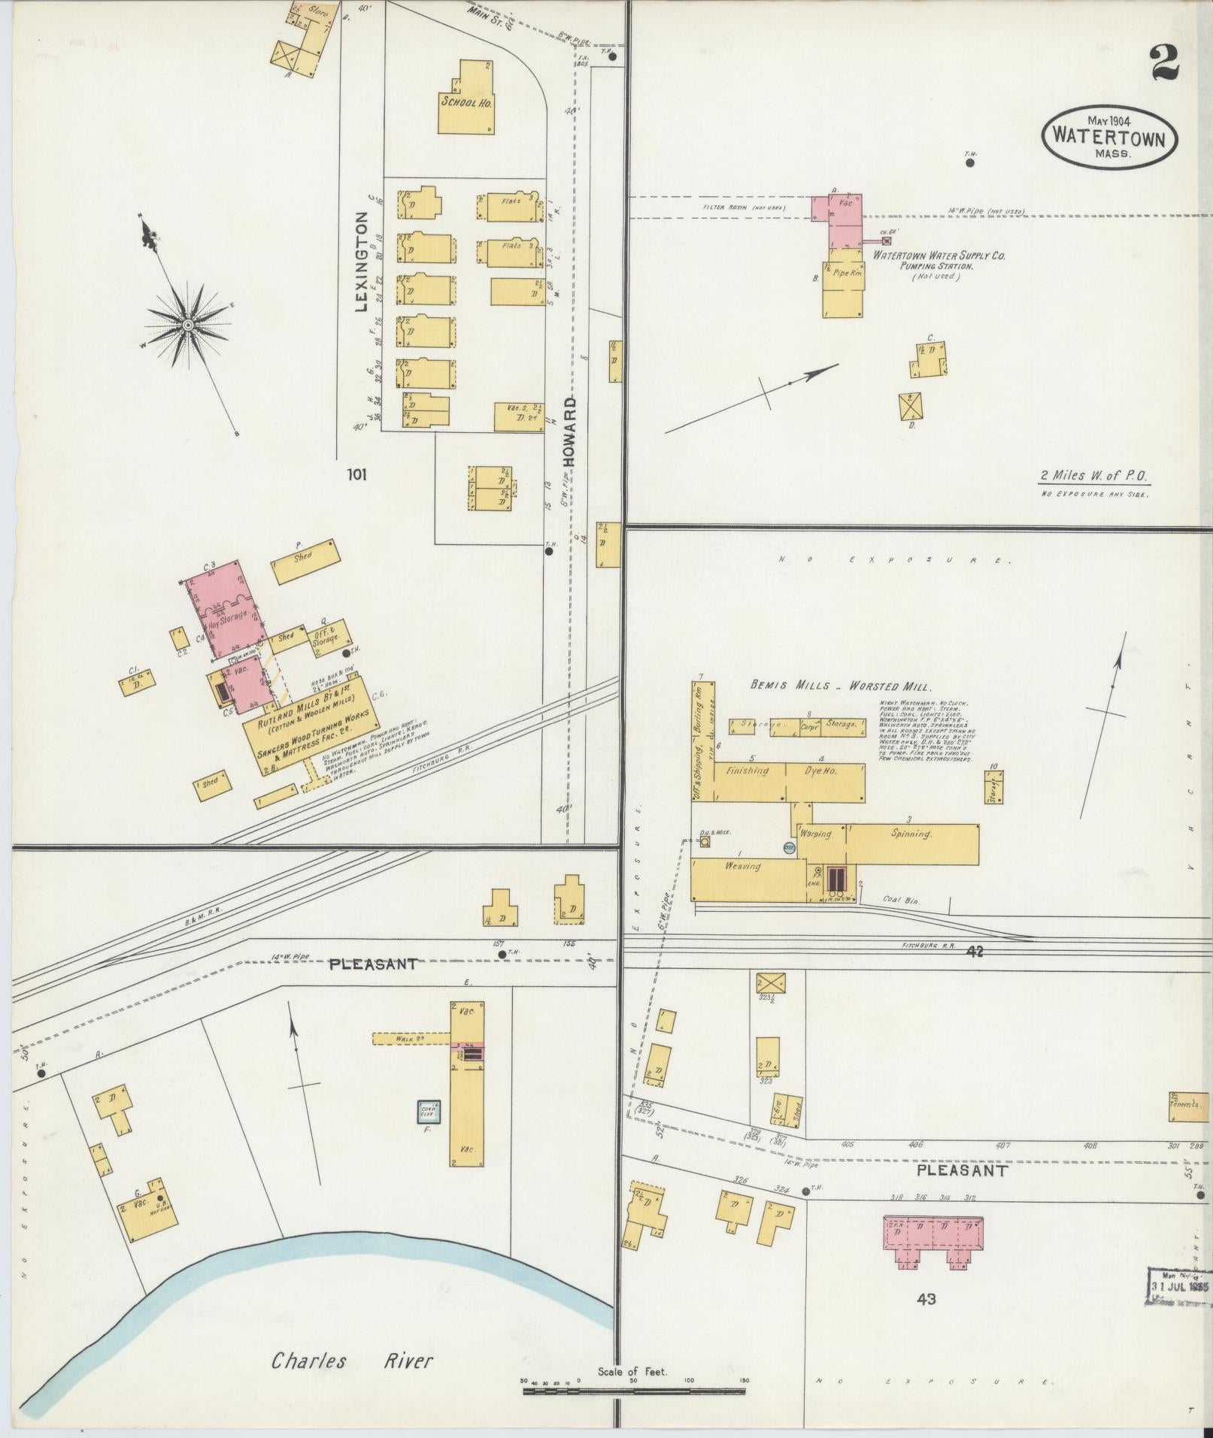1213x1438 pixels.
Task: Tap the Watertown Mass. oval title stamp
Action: pyautogui.click(x=1109, y=139)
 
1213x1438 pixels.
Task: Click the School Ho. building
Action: pyautogui.click(x=466, y=104)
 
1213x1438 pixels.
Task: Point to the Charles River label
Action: pyautogui.click(x=352, y=1340)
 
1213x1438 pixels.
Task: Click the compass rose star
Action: pyautogui.click(x=187, y=325)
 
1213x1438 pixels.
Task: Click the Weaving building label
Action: pyautogui.click(x=743, y=866)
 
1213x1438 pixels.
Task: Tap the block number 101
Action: pyautogui.click(x=358, y=474)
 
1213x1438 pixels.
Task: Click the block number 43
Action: pyautogui.click(x=926, y=1298)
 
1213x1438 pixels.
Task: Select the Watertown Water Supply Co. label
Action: pyautogui.click(x=939, y=256)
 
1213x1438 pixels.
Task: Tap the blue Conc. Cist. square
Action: pyautogui.click(x=429, y=1111)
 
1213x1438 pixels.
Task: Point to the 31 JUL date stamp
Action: pyautogui.click(x=1179, y=1285)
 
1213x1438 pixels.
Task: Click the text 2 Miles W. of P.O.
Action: pyautogui.click(x=1095, y=475)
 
